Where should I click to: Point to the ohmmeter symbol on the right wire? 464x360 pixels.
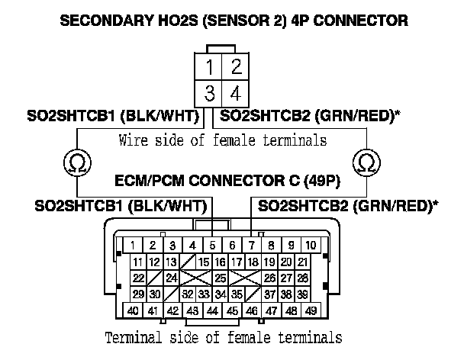pyautogui.click(x=367, y=162)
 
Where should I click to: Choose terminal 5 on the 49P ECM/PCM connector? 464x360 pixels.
pyautogui.click(x=213, y=246)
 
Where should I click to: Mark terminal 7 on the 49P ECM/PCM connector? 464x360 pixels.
pyautogui.click(x=252, y=246)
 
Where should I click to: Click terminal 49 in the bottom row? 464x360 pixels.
pyautogui.click(x=311, y=311)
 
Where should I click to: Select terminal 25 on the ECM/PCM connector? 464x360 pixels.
pyautogui.click(x=220, y=278)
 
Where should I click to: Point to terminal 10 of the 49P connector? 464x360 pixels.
pyautogui.click(x=311, y=246)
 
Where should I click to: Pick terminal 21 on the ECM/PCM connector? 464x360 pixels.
pyautogui.click(x=303, y=262)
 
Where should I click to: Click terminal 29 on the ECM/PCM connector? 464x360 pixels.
pyautogui.click(x=137, y=294)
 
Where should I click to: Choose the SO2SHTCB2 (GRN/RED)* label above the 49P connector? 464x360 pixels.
pyautogui.click(x=349, y=205)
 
